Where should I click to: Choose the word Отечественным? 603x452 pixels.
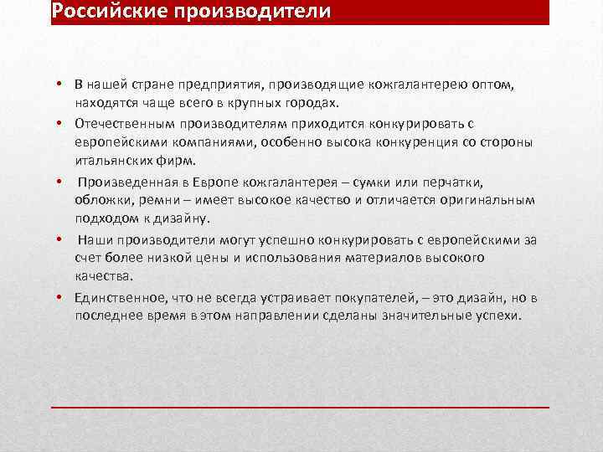[x=125, y=124]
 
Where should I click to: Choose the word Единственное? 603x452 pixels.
[x=118, y=298]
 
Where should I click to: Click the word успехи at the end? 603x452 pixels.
[x=498, y=316]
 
